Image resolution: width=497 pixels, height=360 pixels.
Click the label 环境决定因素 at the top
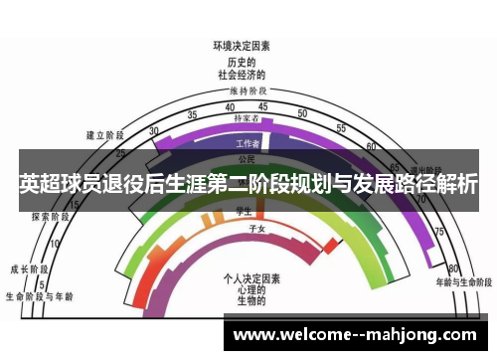click(x=242, y=46)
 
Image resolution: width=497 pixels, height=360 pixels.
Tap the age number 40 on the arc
click(x=230, y=107)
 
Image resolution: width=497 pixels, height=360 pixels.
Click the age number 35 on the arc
click(x=192, y=114)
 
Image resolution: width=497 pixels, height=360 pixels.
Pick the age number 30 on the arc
click(x=153, y=130)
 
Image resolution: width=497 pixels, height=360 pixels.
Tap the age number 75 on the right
click(x=438, y=231)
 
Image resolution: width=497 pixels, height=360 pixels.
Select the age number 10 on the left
click(x=54, y=242)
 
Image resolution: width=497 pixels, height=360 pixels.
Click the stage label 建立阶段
click(x=104, y=134)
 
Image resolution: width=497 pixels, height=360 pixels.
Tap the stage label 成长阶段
click(x=30, y=269)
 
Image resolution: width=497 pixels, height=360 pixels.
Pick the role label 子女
click(x=254, y=229)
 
